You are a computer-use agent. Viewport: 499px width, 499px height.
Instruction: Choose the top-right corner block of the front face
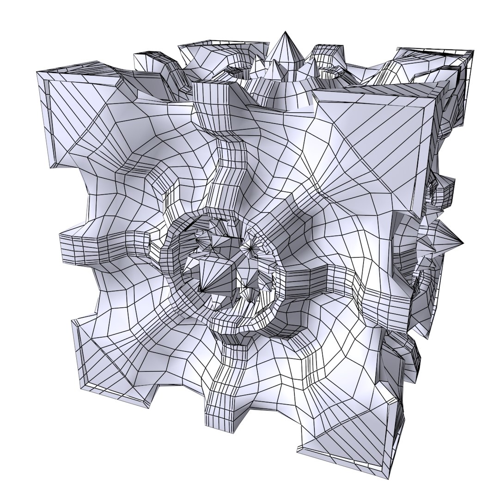379,139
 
